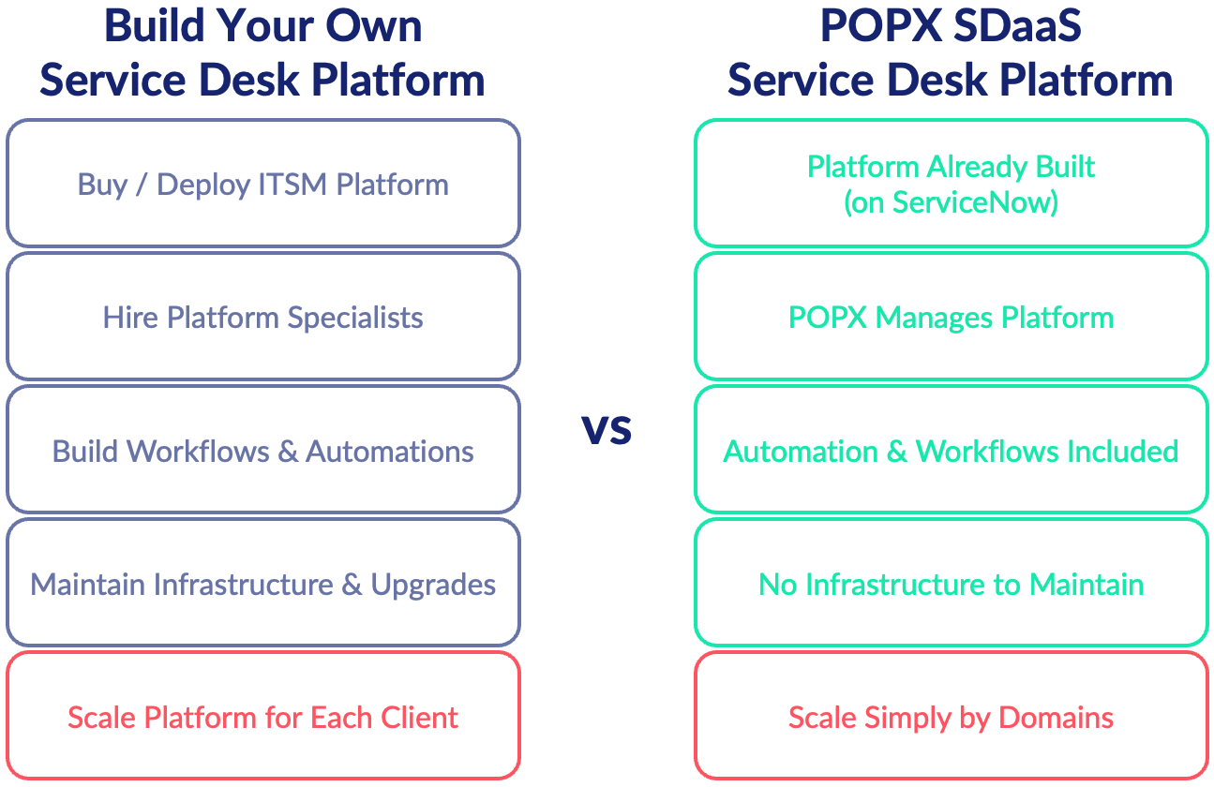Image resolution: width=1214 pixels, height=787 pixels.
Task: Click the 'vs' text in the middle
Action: coord(607,428)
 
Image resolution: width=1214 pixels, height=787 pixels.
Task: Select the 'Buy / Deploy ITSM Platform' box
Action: coord(262,184)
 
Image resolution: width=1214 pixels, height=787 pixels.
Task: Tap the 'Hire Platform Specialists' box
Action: coord(262,317)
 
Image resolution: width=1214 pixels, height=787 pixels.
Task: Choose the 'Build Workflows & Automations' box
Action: coord(262,451)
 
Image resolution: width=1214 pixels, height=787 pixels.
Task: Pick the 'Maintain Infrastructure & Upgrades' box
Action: coord(262,584)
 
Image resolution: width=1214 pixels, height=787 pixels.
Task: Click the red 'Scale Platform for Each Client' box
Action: coord(262,718)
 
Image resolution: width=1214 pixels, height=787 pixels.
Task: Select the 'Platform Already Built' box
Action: coord(951,184)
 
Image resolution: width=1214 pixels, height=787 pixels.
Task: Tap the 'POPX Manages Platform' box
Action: coord(951,317)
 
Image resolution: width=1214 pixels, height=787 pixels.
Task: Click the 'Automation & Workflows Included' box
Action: coord(951,451)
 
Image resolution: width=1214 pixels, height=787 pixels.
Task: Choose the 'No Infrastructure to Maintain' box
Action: coord(951,584)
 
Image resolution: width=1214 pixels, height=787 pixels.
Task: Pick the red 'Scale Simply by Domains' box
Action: coord(951,718)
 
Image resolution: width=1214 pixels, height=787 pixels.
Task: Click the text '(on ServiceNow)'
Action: coord(951,201)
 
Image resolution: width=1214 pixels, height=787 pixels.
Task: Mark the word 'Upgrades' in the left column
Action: coord(433,585)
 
